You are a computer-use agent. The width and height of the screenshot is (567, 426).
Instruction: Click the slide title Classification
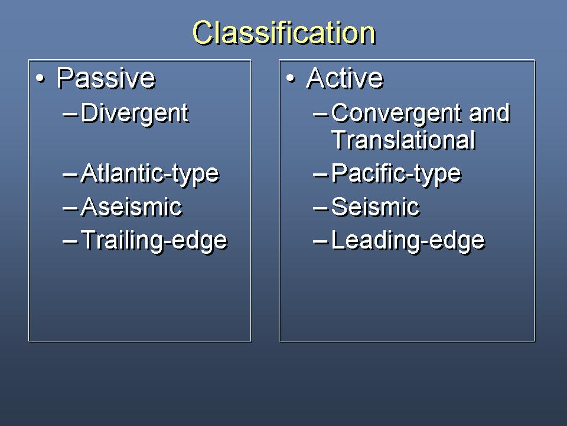pos(284,33)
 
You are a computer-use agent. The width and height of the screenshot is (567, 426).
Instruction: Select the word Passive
pos(106,78)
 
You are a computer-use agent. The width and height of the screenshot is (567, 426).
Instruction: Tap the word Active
pos(344,78)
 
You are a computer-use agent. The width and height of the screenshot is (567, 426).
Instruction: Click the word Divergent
pos(135,114)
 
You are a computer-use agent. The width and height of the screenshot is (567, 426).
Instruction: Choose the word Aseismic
pos(132,207)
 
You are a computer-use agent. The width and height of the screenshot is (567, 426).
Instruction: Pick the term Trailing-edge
pos(154,241)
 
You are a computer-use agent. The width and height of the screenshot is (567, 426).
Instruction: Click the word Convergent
pos(396,114)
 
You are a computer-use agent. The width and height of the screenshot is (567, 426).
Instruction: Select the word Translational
pos(403,140)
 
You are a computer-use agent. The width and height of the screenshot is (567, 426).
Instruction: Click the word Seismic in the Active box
pos(376,207)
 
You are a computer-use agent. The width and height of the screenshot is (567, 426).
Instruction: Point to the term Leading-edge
pos(408,241)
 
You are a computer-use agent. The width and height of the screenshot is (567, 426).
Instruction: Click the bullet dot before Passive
pos(41,79)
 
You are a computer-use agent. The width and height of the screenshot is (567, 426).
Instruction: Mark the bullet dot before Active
pos(291,79)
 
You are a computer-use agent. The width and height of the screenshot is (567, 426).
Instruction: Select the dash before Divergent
pos(70,115)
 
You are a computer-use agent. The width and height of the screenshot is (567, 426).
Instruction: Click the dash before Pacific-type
pos(320,176)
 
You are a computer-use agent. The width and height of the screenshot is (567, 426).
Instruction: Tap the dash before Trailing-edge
pos(70,242)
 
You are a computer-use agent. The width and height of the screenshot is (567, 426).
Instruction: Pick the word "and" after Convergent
pos(490,113)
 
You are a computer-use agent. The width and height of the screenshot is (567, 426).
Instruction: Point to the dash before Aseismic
pos(70,209)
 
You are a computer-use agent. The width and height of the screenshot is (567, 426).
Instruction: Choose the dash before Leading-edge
pos(320,242)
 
